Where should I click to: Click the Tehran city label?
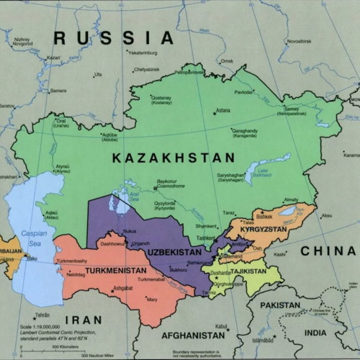pos(44,315)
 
